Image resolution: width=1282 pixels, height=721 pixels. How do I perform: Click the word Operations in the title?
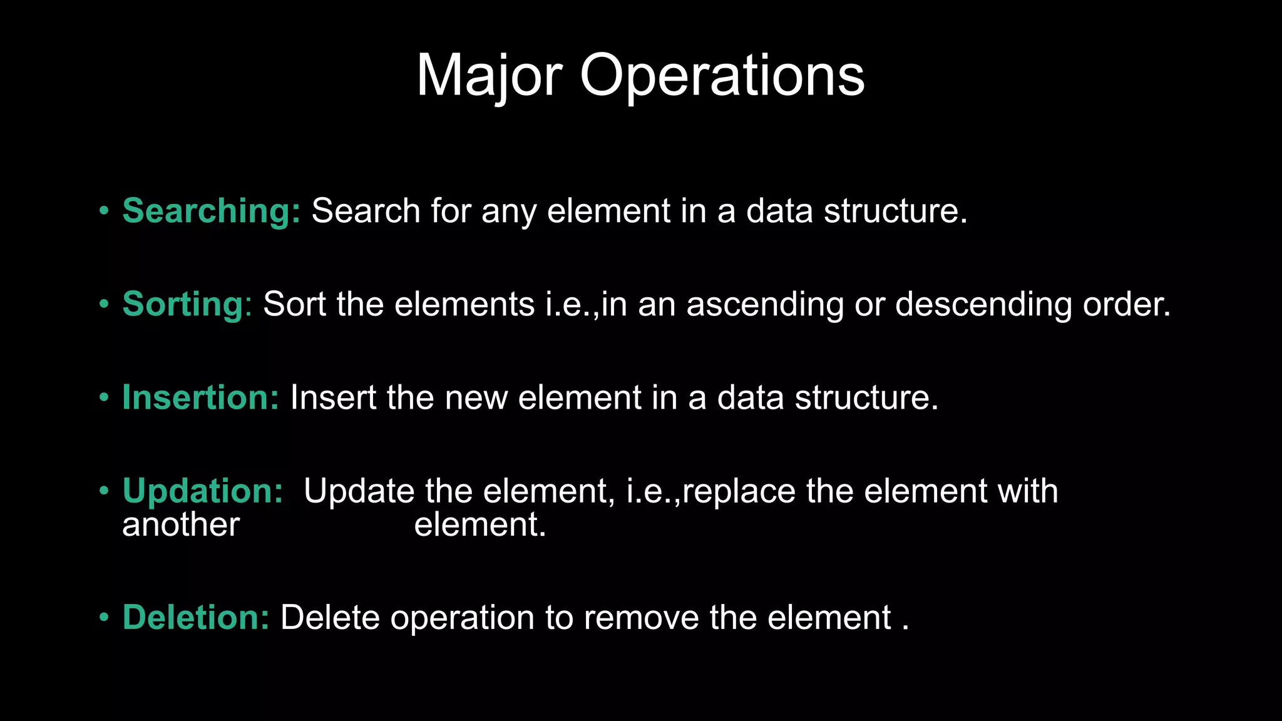pos(722,76)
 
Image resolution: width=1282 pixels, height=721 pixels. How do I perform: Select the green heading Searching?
pos(211,211)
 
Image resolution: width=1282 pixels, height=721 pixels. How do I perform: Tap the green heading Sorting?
pos(183,304)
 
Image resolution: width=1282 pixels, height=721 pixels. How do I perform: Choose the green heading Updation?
pos(202,491)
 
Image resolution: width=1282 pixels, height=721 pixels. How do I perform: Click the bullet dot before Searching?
pos(104,211)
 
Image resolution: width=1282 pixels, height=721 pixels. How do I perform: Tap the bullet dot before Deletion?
pos(104,618)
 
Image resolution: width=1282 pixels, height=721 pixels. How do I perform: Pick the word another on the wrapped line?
pos(181,524)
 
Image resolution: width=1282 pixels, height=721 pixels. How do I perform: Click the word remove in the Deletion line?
pos(641,618)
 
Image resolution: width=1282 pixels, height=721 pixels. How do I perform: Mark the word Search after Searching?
pos(366,211)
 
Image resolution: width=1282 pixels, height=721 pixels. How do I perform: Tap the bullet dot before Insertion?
pos(104,397)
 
